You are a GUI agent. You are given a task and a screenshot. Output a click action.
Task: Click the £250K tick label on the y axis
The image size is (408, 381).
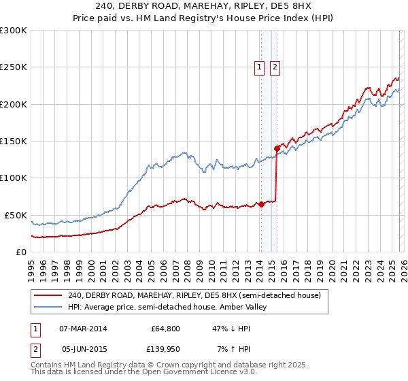(x=13, y=67)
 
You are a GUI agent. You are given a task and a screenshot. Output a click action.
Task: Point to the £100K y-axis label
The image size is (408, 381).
(x=13, y=178)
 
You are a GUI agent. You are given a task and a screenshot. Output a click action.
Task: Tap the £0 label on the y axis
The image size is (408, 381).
(x=20, y=252)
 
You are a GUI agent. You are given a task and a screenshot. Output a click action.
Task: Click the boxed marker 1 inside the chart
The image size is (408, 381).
(x=260, y=67)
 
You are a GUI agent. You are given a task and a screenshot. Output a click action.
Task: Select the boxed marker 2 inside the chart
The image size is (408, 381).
(x=275, y=67)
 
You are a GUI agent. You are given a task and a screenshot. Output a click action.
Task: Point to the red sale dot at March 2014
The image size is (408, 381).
(x=261, y=203)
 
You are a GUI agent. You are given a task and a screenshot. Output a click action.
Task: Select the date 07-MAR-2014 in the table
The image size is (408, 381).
(x=84, y=329)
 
